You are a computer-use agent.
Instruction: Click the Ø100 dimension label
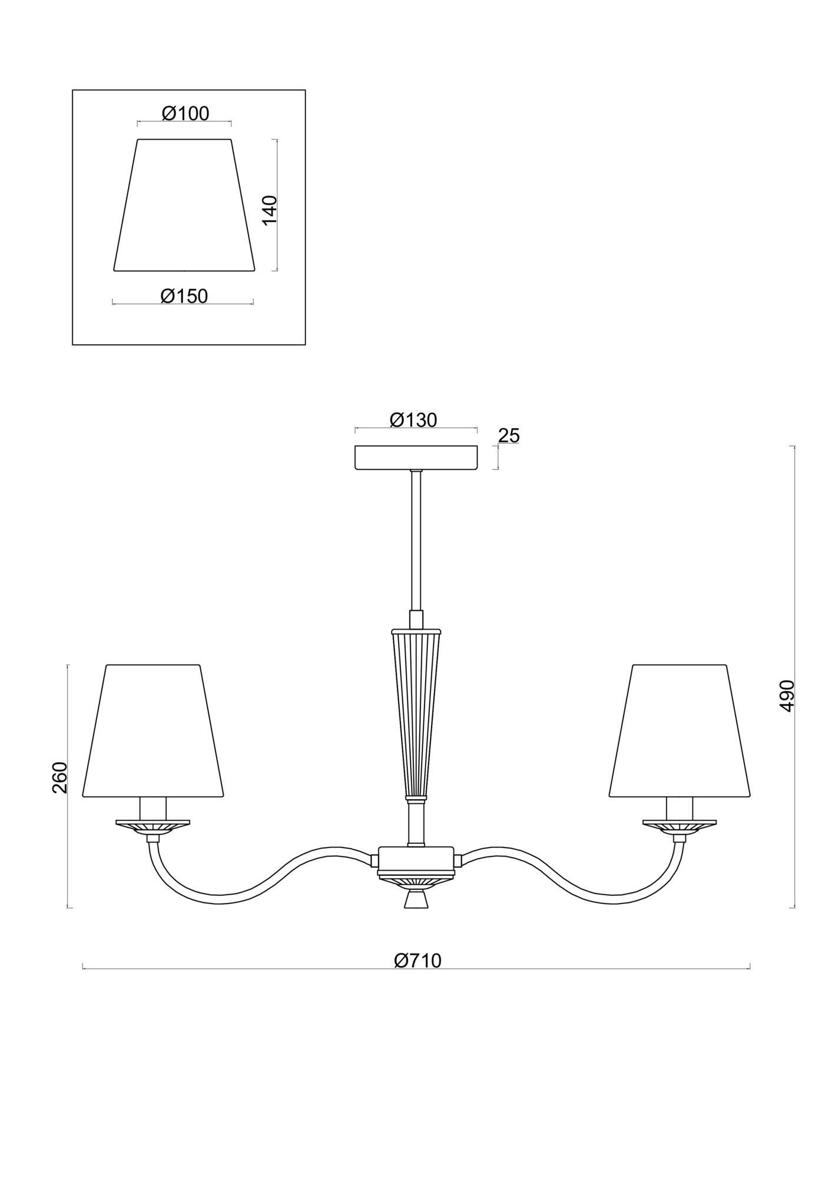coord(185,113)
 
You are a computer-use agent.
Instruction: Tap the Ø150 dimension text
coord(184,296)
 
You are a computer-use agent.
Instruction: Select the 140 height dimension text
coord(269,210)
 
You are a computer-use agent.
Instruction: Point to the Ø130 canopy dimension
coord(413,419)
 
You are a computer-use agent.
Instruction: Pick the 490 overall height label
coord(787,696)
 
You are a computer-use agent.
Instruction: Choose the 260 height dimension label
coord(61,777)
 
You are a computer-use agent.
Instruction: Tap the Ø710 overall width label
coord(417,960)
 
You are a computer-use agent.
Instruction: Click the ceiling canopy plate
coord(416,457)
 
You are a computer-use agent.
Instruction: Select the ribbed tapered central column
coord(416,713)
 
